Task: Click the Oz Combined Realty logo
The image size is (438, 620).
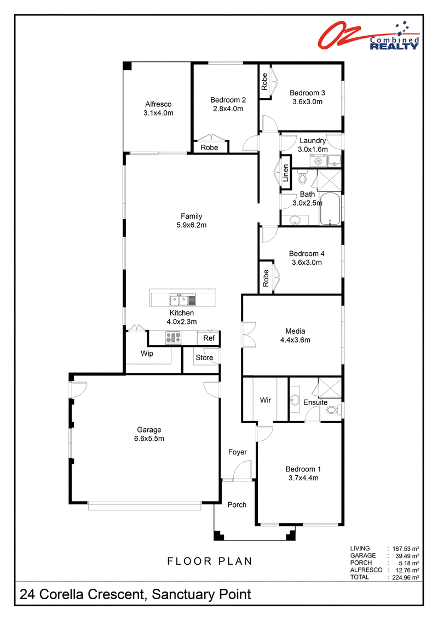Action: click(x=368, y=36)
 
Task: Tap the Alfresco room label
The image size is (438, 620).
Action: click(x=158, y=104)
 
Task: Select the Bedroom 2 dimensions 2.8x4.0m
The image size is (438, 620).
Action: click(x=228, y=109)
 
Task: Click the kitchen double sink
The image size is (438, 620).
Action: click(x=179, y=300)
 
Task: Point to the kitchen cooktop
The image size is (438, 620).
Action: click(x=173, y=338)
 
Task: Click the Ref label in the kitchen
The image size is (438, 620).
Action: click(x=209, y=338)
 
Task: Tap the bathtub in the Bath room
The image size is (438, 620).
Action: click(x=330, y=209)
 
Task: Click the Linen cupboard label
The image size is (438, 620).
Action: click(x=286, y=173)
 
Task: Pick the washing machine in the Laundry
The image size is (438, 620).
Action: click(x=318, y=161)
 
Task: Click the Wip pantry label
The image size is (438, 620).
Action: click(x=147, y=354)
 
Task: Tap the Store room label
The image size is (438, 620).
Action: click(x=204, y=357)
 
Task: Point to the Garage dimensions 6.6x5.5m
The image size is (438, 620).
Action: click(x=149, y=439)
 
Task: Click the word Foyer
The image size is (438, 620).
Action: click(x=238, y=452)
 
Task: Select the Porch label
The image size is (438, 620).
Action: click(x=237, y=505)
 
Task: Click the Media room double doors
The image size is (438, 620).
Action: click(x=249, y=335)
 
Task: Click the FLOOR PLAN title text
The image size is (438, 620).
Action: click(x=210, y=561)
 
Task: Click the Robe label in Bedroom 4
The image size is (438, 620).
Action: click(x=266, y=278)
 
